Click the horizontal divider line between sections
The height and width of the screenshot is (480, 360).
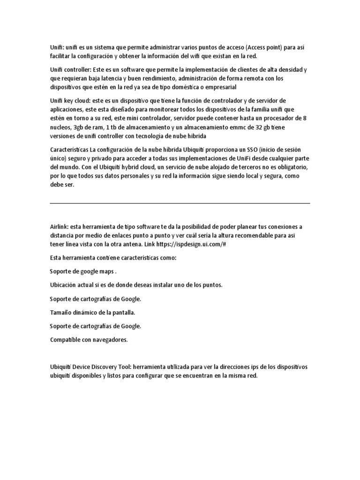click(180, 203)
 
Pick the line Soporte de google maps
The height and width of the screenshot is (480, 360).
click(83, 271)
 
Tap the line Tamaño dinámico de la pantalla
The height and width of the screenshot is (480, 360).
click(96, 312)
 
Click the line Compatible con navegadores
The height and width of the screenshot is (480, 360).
click(89, 339)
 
